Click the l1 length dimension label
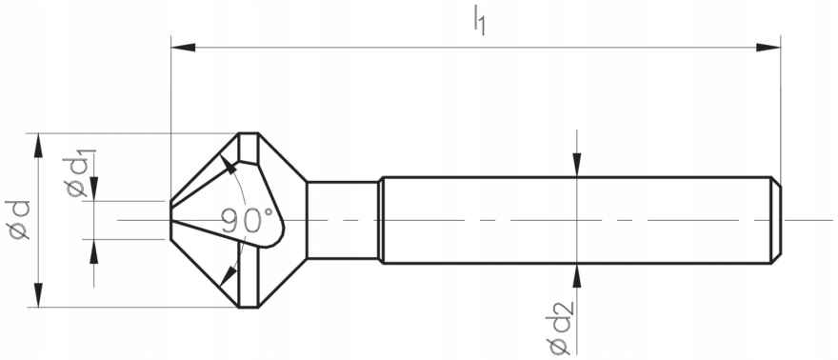point(479,20)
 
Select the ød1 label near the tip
point(79,174)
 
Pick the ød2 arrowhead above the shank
point(577,166)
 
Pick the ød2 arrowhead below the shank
point(577,275)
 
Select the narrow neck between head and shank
point(343,220)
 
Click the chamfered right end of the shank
point(775,220)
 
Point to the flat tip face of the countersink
point(172,220)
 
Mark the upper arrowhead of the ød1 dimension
point(93,190)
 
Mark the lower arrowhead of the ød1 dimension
point(93,250)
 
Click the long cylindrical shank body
point(571,220)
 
